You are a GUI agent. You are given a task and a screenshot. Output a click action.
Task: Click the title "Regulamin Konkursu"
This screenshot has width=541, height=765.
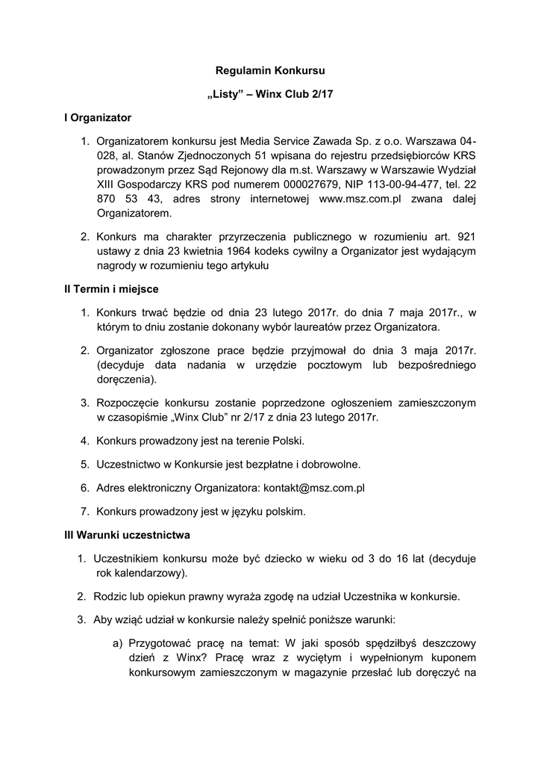coord(271,69)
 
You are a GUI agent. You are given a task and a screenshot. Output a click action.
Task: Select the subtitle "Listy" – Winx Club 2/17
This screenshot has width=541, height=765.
coord(271,93)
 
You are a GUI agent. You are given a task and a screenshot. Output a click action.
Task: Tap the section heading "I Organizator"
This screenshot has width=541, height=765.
coord(97,117)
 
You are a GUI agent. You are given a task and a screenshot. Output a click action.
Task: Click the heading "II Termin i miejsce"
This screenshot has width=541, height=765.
coord(111,288)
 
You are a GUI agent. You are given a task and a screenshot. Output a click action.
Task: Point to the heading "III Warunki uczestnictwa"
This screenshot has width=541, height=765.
coord(128,535)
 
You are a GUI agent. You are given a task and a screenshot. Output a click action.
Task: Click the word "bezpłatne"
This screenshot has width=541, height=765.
coord(278,464)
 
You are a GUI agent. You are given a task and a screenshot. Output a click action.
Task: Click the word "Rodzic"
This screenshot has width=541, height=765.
coord(110,597)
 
